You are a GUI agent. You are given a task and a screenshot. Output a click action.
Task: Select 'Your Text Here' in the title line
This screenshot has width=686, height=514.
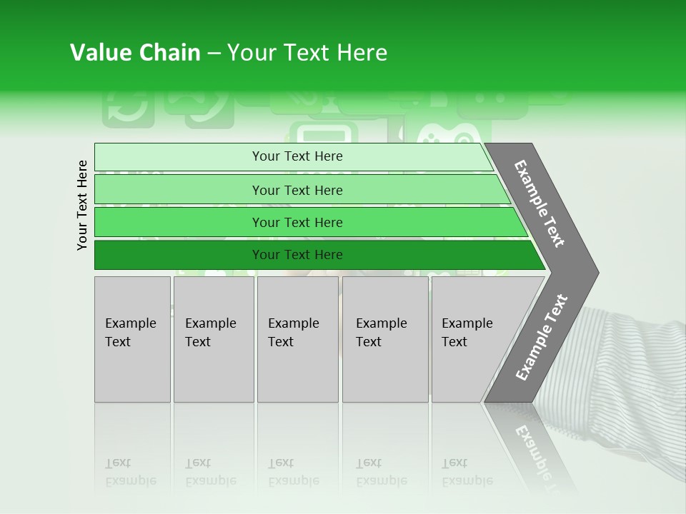307,53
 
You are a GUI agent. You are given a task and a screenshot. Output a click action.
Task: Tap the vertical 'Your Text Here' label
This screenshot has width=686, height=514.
82,205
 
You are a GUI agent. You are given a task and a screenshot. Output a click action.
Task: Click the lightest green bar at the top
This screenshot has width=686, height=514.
293,156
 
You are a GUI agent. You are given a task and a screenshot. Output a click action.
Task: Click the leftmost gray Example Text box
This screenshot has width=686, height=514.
132,338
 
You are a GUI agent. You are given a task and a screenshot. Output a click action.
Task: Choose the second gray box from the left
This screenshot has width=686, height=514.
213,338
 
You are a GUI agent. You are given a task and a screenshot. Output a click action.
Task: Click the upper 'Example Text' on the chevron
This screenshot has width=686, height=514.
540,203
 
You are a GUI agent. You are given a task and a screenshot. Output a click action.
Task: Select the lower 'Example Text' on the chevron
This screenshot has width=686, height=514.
542,338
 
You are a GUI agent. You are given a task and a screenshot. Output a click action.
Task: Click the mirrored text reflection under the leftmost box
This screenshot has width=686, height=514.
131,472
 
